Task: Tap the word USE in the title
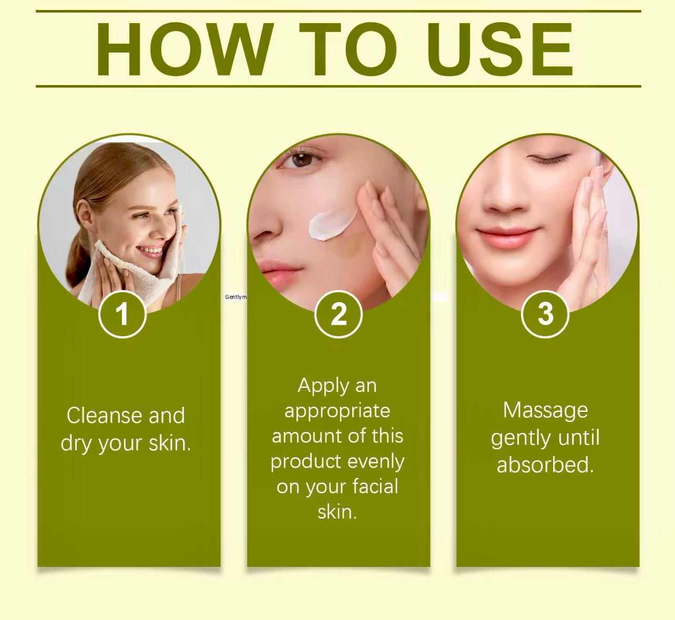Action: click(x=499, y=49)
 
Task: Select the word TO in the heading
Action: click(x=348, y=49)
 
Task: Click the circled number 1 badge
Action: click(x=122, y=314)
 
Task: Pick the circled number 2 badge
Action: click(x=339, y=314)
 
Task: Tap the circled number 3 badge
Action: click(x=545, y=314)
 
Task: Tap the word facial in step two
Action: click(x=375, y=487)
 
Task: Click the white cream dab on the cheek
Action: click(x=332, y=224)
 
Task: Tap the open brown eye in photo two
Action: click(x=301, y=159)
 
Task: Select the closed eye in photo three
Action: click(x=548, y=159)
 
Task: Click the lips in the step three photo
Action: click(x=507, y=237)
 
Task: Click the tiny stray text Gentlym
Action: click(x=236, y=297)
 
